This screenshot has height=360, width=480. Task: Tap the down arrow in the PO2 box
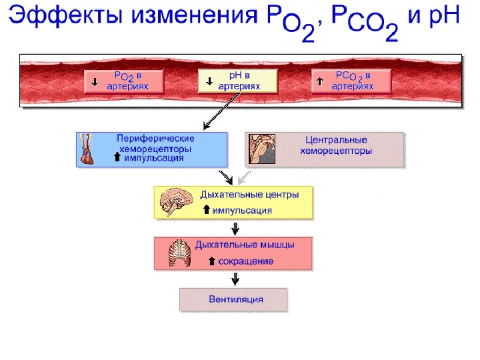[x=95, y=82]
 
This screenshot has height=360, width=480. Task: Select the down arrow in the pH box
[x=209, y=82]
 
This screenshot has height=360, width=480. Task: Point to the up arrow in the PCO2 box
[x=321, y=81]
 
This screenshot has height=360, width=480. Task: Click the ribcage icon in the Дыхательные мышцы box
[x=179, y=253]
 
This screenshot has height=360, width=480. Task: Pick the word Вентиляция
[x=235, y=299]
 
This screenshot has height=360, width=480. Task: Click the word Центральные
[x=336, y=141]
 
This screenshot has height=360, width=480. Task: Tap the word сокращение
[x=246, y=261]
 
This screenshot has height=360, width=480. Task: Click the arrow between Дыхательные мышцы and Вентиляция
[x=233, y=279]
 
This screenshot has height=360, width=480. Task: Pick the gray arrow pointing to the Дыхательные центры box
[x=245, y=177]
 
